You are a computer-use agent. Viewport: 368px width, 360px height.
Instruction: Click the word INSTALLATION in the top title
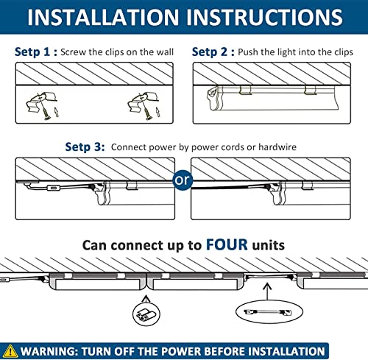tap(103, 17)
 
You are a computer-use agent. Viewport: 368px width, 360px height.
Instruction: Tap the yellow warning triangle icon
tap(10, 351)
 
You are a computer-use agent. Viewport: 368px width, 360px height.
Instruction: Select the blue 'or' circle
tap(183, 180)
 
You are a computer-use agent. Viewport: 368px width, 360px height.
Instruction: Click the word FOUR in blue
tap(227, 244)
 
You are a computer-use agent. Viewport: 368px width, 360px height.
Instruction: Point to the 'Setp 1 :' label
tap(36, 52)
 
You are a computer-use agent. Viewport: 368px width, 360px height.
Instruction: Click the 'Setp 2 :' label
tap(213, 52)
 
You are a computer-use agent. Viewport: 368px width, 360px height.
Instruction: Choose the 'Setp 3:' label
tap(85, 147)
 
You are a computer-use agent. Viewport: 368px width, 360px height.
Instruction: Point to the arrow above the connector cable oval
tap(267, 292)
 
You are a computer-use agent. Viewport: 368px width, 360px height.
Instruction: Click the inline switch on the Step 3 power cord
tap(53, 188)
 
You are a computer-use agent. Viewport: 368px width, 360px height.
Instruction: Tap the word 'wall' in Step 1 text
tap(165, 52)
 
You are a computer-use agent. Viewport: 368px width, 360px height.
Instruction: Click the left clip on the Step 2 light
tap(245, 90)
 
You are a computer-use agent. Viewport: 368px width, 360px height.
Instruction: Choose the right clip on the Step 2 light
tap(310, 90)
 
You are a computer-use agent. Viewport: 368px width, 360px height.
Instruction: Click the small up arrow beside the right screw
tap(158, 112)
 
